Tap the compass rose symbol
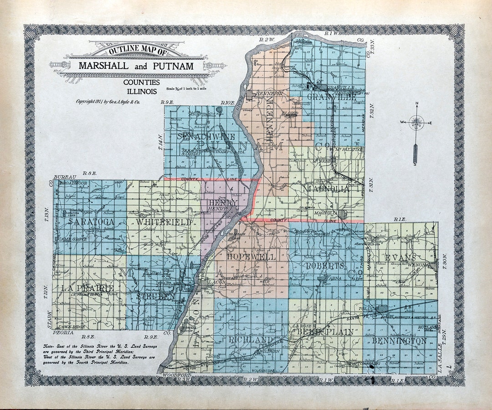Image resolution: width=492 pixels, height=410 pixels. pos(416,122)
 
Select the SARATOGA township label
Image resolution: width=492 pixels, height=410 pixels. pos(91,222)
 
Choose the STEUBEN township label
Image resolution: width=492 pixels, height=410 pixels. pos(156,297)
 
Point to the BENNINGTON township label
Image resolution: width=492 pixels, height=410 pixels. pos(399,340)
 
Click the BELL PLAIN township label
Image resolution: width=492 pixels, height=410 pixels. pos(325,332)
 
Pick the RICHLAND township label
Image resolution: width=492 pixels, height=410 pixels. pos(251,339)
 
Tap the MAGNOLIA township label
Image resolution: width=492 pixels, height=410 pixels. pos(326,188)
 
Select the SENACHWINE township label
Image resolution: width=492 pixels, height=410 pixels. pos(201,136)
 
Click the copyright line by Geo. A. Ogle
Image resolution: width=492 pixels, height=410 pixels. pos(108,102)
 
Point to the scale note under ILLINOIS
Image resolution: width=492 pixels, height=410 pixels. pos(186,89)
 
